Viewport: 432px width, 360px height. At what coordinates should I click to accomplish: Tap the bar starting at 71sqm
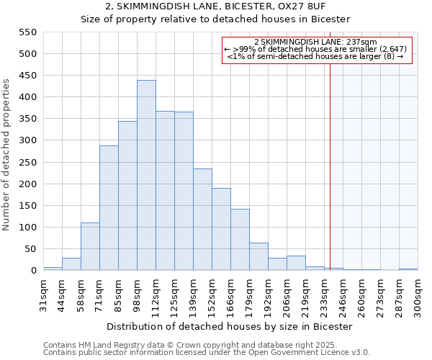click(109, 208)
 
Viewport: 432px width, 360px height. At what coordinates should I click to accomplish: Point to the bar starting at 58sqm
click(90, 246)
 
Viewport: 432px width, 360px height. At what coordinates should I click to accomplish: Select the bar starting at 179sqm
click(258, 256)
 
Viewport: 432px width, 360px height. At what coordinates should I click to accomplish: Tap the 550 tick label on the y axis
click(27, 32)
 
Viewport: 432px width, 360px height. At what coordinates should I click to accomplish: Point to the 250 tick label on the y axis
click(27, 163)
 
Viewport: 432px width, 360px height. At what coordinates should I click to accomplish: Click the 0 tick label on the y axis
click(33, 271)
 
